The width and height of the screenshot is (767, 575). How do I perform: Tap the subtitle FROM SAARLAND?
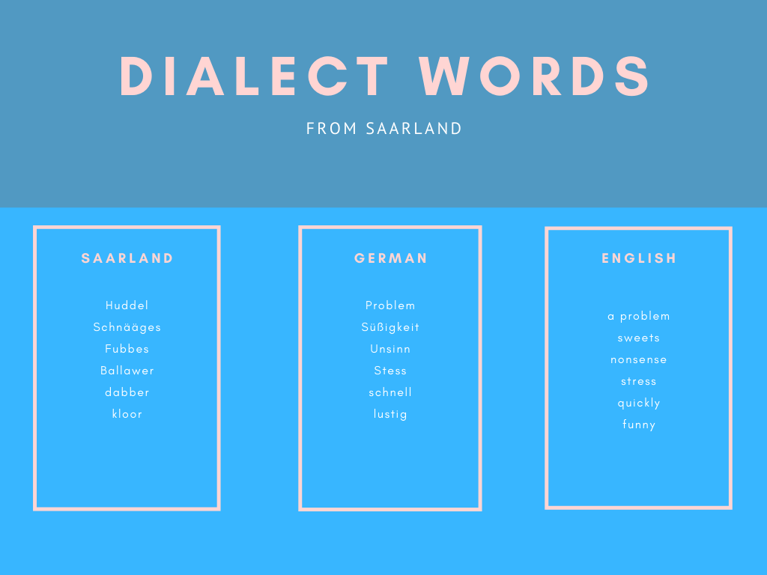384,129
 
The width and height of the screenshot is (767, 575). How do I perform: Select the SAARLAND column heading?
127,258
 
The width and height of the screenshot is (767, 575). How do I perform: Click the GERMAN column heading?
391,258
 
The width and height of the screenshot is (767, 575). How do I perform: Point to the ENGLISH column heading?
639,258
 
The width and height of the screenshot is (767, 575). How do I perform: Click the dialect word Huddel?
127,305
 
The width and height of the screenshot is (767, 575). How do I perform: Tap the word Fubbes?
127,349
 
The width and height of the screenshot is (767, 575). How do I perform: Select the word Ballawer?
127,371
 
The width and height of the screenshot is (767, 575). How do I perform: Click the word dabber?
127,392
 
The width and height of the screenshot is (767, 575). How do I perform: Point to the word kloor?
127,413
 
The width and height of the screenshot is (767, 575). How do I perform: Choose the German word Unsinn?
390,349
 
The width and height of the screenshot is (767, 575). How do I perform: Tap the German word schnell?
390,392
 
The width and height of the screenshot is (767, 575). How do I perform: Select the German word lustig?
390,414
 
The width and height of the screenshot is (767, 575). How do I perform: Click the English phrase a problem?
639,317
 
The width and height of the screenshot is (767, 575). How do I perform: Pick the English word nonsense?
639,360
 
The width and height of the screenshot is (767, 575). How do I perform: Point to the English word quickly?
639,404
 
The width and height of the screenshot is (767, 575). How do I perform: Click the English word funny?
639,425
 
